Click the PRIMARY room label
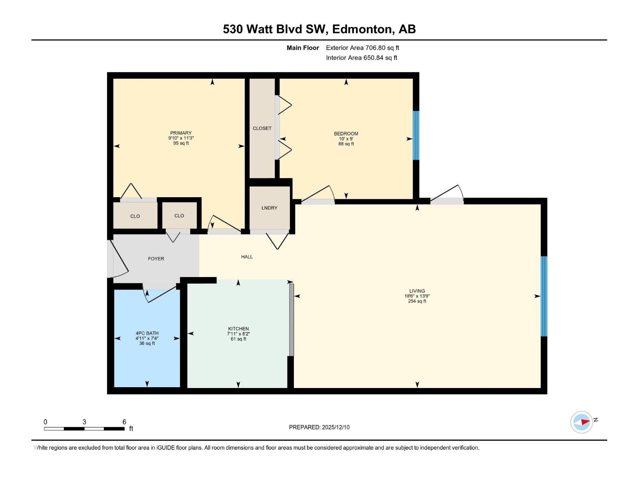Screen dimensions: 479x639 [x=181, y=133]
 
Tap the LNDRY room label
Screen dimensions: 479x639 [x=269, y=208]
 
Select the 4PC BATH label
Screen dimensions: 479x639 [x=147, y=333]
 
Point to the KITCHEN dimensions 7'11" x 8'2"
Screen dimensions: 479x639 [x=238, y=334]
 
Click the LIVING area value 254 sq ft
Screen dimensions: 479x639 [x=417, y=301]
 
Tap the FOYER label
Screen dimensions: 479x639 [x=156, y=259]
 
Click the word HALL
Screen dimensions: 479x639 [x=247, y=257]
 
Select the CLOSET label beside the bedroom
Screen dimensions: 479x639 [x=262, y=128]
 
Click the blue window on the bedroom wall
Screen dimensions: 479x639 [x=416, y=135]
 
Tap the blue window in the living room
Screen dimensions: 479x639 [x=544, y=296]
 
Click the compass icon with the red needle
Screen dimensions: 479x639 [x=581, y=422]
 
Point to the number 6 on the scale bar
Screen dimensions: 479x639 [x=124, y=422]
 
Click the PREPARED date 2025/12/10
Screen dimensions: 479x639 [x=335, y=427]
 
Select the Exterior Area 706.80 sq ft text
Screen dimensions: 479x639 [x=362, y=48]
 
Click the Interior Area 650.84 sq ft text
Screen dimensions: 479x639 [x=361, y=58]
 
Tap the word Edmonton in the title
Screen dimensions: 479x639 [x=362, y=29]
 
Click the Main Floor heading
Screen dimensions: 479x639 [x=303, y=48]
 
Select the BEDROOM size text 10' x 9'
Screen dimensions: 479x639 [x=346, y=139]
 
